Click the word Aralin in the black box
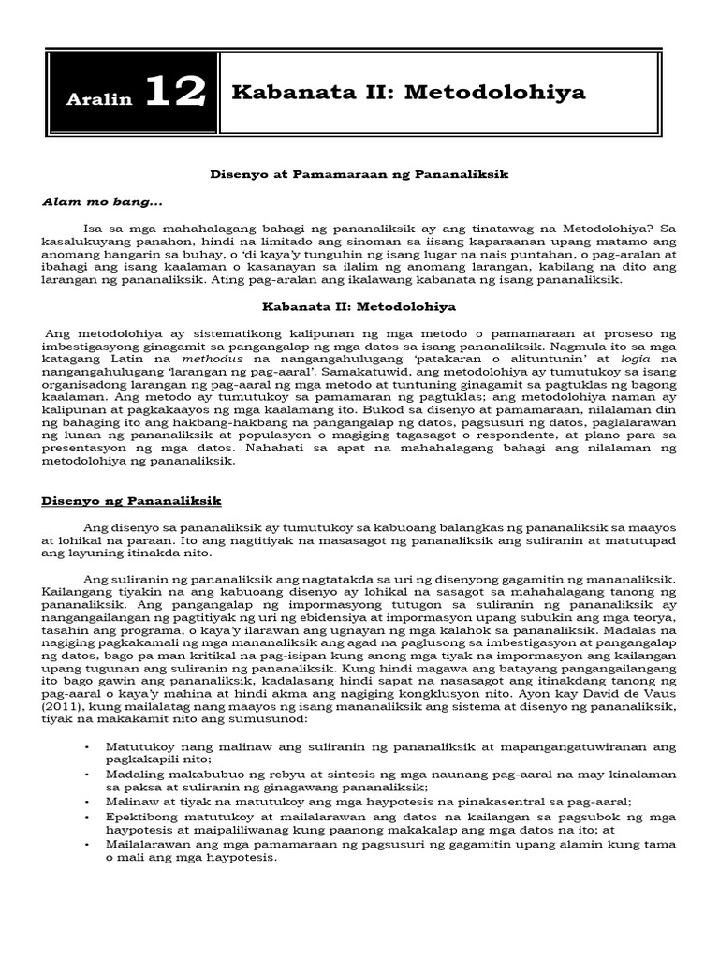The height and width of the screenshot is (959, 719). pyautogui.click(x=99, y=99)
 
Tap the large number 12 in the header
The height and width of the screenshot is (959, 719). pyautogui.click(x=175, y=93)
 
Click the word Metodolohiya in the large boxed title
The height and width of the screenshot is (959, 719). pyautogui.click(x=502, y=92)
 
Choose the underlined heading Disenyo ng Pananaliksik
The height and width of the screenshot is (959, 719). pyautogui.click(x=131, y=501)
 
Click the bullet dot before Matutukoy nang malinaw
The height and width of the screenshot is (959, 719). pyautogui.click(x=86, y=745)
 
